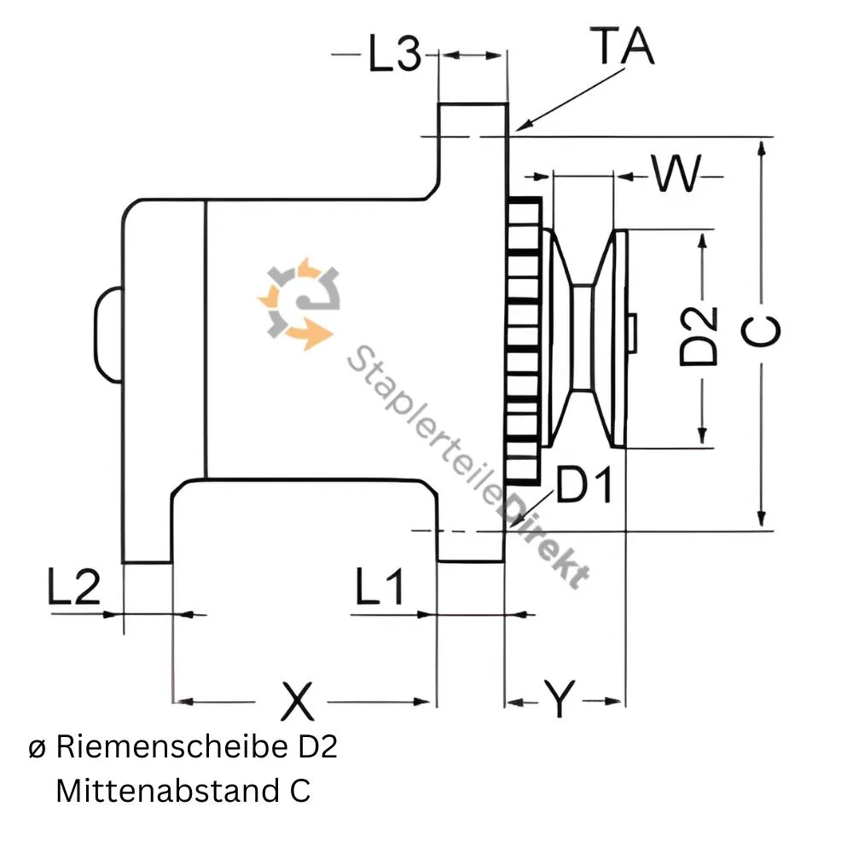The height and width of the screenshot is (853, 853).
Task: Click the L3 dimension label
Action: (394, 55)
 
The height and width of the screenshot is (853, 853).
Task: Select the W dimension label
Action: (676, 175)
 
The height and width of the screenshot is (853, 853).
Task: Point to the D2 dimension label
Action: (699, 337)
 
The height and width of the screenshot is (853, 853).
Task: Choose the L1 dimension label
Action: (380, 588)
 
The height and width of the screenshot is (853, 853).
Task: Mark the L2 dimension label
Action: (73, 588)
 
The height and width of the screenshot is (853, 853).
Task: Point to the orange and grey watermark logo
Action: (299, 304)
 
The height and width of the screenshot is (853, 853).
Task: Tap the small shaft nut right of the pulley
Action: (632, 333)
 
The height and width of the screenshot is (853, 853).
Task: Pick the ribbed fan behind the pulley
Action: (523, 341)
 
